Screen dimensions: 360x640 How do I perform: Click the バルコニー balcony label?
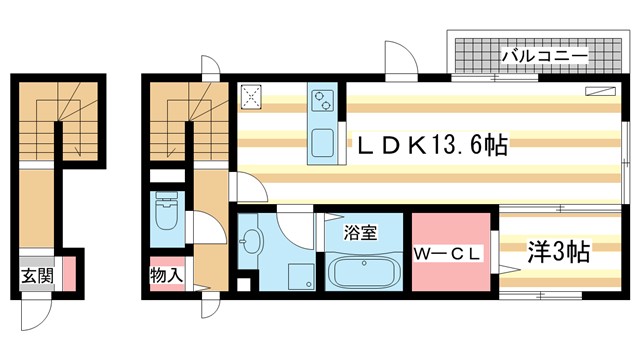545,55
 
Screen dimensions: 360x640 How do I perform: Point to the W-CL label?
450,255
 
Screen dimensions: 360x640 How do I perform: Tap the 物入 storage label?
165,274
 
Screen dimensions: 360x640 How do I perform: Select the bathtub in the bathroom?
361,272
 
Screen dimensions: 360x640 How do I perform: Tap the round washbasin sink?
252,240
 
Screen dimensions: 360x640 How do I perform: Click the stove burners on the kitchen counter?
324,100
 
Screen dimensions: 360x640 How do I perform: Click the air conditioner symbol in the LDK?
601,92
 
